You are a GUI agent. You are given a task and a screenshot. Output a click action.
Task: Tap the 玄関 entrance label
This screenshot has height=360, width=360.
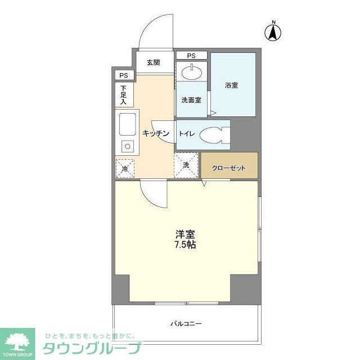[154, 62]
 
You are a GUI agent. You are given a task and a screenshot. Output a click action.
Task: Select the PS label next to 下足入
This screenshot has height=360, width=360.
[123, 75]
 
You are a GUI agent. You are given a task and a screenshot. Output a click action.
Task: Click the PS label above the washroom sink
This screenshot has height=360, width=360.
[191, 56]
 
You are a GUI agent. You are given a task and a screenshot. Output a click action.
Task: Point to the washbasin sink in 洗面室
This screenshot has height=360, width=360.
[191, 72]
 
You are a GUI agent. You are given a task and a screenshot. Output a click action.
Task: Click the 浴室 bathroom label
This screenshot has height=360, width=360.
[232, 85]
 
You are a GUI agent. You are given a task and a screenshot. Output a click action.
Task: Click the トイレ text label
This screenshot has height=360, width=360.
[187, 134]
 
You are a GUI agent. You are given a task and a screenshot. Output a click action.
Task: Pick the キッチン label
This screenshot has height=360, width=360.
[155, 133]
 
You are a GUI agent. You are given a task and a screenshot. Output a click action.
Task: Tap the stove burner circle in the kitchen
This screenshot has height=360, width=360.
[127, 147]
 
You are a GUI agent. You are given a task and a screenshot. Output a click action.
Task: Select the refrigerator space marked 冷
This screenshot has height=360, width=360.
[125, 168]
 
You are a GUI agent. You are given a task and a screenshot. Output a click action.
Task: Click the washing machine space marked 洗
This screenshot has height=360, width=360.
[186, 165]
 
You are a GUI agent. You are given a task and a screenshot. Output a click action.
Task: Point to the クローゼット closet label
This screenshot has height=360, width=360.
[229, 168]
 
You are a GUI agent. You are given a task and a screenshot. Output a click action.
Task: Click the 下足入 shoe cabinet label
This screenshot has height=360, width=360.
[124, 94]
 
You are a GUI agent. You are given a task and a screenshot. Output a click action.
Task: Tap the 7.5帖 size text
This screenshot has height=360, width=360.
[185, 245]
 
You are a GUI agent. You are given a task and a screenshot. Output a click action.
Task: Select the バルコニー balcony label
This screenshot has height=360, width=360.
[186, 324]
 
